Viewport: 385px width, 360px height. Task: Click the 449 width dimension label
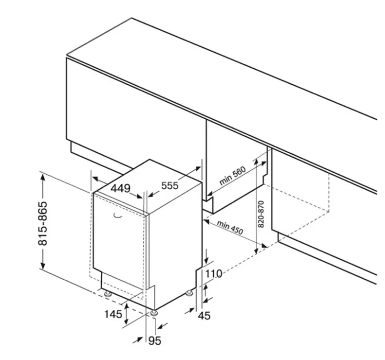120,189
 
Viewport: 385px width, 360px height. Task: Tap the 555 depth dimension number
170,186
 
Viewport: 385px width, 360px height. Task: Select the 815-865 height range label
43,223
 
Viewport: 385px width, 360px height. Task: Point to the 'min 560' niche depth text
232,176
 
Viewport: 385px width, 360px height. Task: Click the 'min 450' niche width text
230,228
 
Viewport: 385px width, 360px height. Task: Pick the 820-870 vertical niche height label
261,214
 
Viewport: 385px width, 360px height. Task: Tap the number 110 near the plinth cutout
214,274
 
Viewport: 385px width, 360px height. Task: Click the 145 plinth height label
113,314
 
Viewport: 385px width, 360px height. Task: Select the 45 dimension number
204,316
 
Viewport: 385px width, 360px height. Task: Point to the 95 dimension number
155,341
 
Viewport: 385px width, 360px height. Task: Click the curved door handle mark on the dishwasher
118,215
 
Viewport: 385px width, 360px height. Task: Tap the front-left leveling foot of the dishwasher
108,294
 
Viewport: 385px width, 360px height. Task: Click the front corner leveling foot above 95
154,313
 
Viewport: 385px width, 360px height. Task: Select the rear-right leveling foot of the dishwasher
189,293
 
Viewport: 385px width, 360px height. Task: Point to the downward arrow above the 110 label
206,256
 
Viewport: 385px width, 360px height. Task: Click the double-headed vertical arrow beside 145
126,314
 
